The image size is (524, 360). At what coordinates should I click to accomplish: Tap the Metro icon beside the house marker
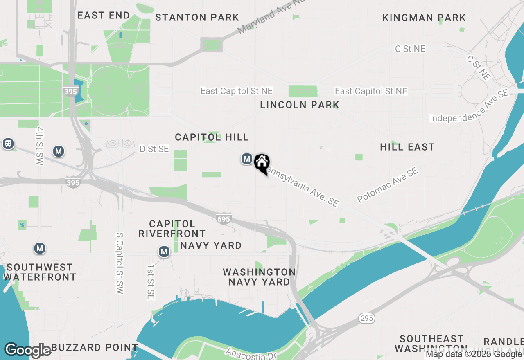(246, 159)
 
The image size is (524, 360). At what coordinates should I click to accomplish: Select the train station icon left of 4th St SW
(8, 144)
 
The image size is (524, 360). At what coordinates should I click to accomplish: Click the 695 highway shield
(224, 219)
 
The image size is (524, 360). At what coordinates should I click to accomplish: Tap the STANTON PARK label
(197, 17)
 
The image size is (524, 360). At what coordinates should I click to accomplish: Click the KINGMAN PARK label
(424, 18)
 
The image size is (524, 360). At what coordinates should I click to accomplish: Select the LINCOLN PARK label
(300, 105)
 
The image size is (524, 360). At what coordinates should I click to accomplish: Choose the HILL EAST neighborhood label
(407, 147)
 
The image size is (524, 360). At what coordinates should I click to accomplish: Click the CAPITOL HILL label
(212, 137)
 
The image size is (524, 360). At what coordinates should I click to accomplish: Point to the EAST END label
(104, 15)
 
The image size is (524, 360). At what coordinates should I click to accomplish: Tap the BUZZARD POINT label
(95, 347)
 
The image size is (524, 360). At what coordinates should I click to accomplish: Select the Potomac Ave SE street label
(388, 184)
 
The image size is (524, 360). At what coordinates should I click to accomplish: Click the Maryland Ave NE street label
(271, 17)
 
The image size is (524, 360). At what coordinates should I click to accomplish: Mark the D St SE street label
(154, 149)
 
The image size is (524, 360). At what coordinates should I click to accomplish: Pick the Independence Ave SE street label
(469, 106)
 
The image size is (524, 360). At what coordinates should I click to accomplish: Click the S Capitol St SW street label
(120, 263)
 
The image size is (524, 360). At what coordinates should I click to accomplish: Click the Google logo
(28, 350)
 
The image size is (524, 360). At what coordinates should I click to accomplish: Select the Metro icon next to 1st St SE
(164, 252)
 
